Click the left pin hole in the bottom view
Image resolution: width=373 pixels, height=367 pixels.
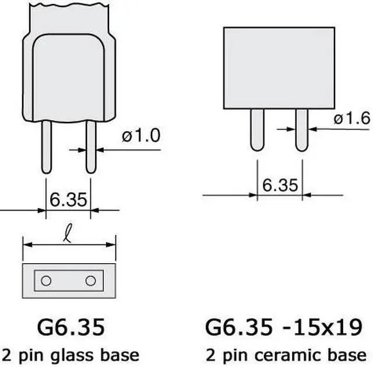46,281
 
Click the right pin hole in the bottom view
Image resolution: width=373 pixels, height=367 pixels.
90,281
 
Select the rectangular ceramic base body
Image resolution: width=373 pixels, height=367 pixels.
279,68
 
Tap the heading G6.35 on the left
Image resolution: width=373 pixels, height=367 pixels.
69,327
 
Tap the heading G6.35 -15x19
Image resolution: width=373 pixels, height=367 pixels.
283,327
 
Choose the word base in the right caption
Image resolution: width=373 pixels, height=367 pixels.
348,354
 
